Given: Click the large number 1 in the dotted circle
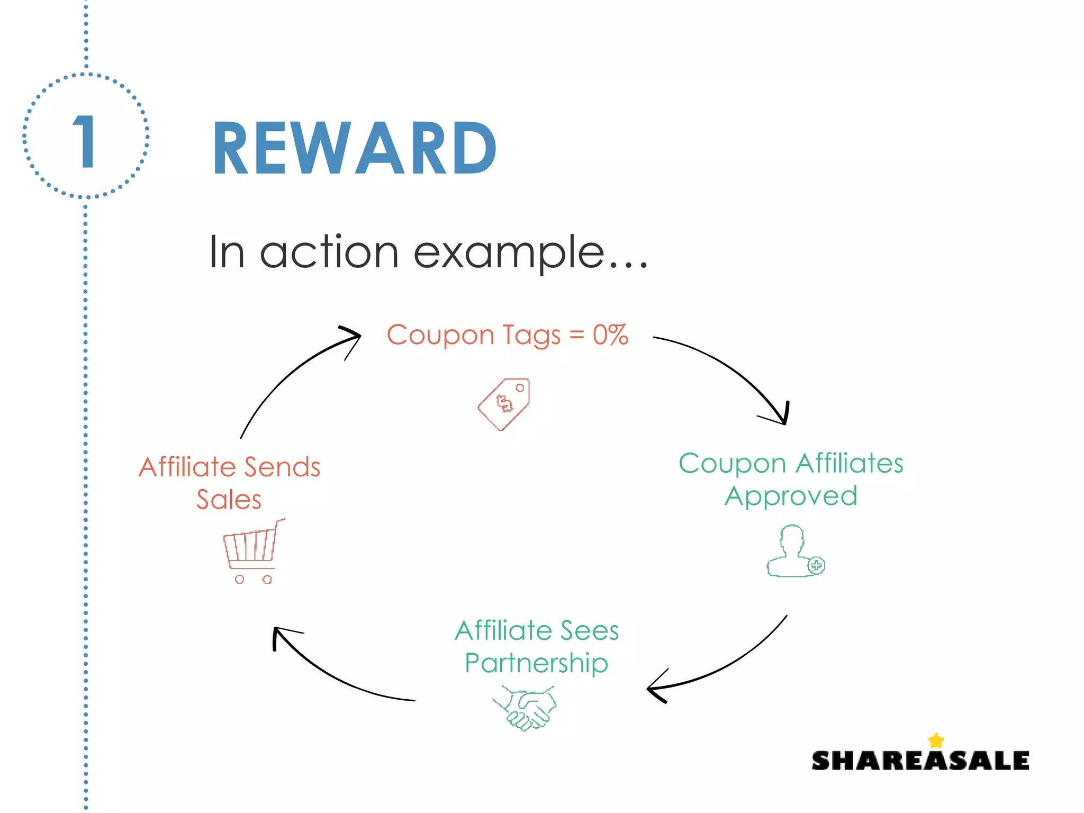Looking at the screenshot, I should [x=85, y=141].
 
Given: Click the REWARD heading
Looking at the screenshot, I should [x=354, y=148].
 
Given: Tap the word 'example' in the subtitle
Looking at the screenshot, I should [x=508, y=252].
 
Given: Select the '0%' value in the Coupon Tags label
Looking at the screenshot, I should [x=610, y=335].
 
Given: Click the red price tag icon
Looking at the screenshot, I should [x=504, y=404].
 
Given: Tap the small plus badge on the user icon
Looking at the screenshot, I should [x=816, y=565].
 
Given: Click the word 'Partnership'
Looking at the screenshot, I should [x=536, y=663].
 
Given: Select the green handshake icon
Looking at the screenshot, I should [x=525, y=708].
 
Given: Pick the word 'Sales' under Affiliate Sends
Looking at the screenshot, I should [x=229, y=500].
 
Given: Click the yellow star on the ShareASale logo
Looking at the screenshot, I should [x=936, y=740].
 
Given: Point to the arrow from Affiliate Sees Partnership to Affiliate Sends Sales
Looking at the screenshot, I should [x=328, y=677].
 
